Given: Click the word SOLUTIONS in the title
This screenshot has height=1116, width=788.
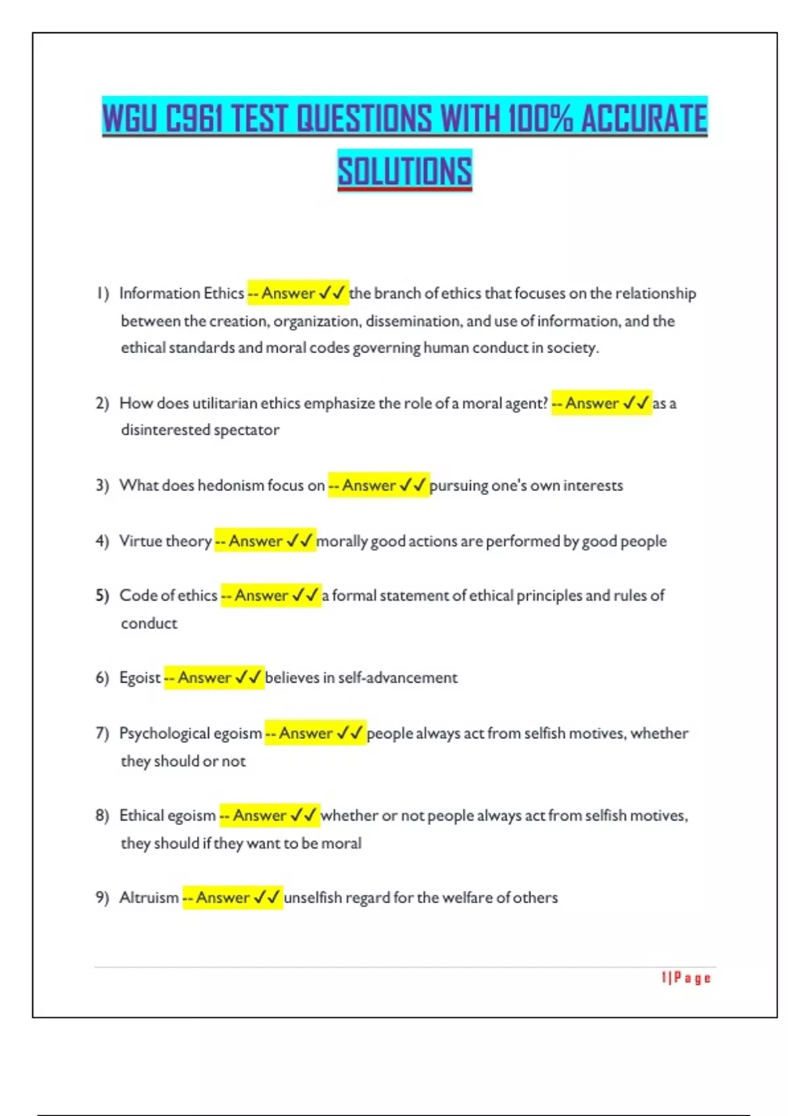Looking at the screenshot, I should click(405, 171).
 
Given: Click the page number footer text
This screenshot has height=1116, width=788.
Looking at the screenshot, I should click(686, 978).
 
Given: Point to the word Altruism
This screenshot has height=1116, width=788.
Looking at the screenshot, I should click(149, 897).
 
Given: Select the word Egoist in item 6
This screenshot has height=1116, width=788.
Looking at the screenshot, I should click(140, 677).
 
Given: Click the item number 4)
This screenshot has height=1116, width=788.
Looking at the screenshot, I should click(102, 541).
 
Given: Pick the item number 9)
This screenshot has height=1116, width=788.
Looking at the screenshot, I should click(102, 897).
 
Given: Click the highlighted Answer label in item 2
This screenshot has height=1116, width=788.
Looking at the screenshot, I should click(592, 403).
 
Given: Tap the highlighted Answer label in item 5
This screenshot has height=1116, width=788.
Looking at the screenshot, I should click(261, 595).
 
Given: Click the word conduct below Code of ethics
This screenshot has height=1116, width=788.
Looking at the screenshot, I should click(149, 624).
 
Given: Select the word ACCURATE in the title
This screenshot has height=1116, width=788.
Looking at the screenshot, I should click(644, 119).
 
